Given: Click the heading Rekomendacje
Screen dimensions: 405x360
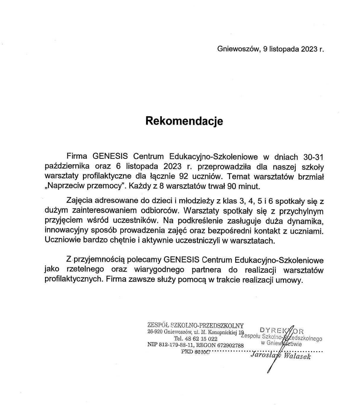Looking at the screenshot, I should point(184,121).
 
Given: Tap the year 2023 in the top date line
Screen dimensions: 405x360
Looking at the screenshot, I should point(309,49).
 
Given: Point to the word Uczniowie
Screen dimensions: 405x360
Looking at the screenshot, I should point(62,241).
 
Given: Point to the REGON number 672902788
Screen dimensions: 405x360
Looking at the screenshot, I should point(230,345).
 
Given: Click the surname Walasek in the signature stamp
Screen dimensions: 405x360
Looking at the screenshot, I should point(297,356).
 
